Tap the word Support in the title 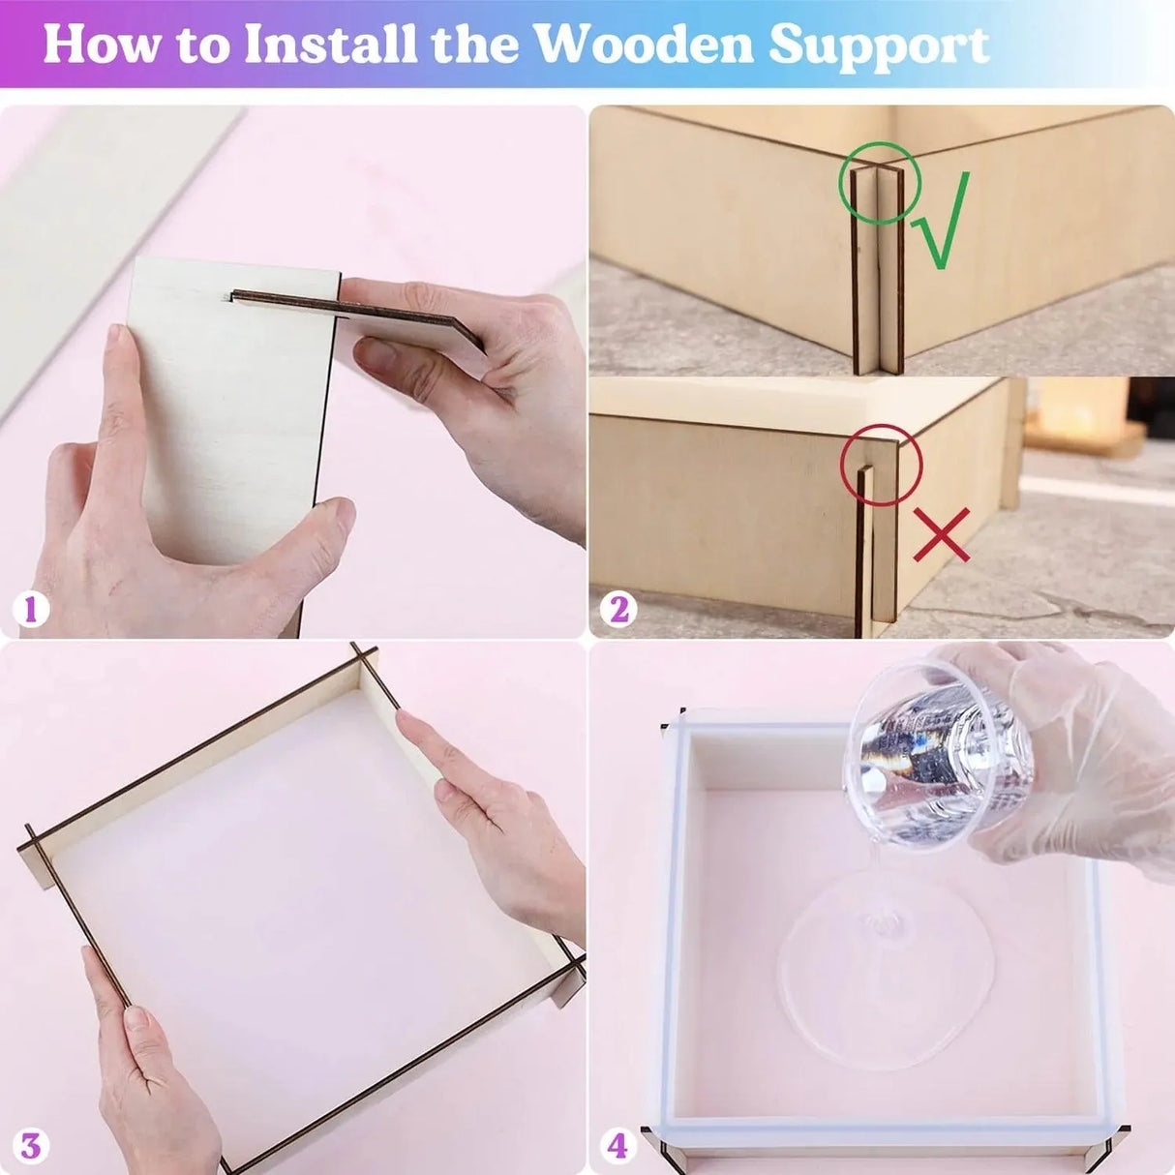point(879,45)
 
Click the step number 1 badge point(30,610)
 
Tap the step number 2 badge point(618,610)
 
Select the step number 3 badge point(30,1146)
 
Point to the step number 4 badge point(618,1146)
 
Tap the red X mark point(941,535)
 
